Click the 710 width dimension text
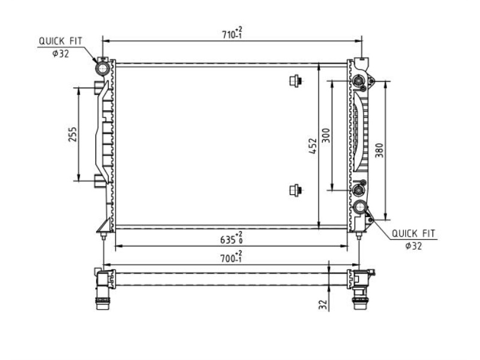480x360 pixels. point(232,34)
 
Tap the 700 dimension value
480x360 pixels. point(232,257)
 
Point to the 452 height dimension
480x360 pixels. point(313,146)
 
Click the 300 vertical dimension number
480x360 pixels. point(326,136)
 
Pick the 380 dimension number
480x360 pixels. point(379,151)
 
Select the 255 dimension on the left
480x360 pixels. point(73,134)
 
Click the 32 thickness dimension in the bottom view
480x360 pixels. point(323,304)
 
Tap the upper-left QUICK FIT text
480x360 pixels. point(61,41)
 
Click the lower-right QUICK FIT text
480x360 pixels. point(413,234)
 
